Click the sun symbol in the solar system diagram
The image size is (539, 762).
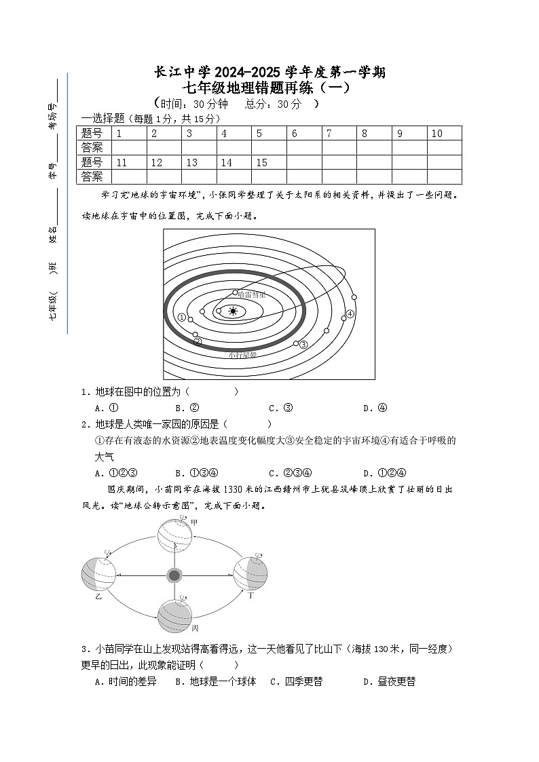[x=234, y=311]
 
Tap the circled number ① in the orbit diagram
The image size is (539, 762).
[x=181, y=317]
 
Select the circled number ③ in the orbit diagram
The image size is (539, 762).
[x=303, y=345]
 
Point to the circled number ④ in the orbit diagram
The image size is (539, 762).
[x=350, y=313]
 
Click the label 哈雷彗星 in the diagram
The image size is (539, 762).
[x=253, y=294]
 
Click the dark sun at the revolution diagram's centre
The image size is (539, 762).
[x=174, y=575]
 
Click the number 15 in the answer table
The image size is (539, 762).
[x=262, y=163]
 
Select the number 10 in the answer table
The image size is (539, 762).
[x=436, y=134]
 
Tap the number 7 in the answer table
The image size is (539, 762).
[x=329, y=134]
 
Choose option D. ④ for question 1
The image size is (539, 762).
[x=375, y=408]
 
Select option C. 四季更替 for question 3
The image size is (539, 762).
[x=296, y=682]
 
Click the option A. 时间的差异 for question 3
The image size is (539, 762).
[x=126, y=682]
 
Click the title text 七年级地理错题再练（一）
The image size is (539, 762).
[x=270, y=88]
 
